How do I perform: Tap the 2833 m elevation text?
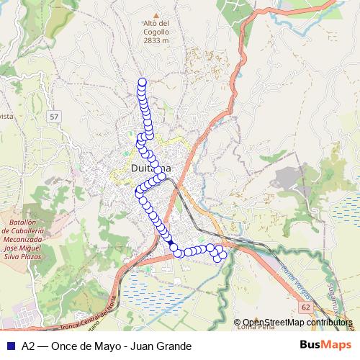[x=156, y=40]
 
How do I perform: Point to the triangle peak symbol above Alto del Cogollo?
[x=156, y=14]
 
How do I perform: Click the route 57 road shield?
[x=55, y=116]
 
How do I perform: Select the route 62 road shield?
[x=306, y=307]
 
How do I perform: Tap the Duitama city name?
[x=151, y=168]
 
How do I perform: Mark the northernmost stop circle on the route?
[x=142, y=82]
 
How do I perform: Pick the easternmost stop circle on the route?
[x=222, y=255]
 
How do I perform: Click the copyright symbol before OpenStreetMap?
[x=238, y=323]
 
